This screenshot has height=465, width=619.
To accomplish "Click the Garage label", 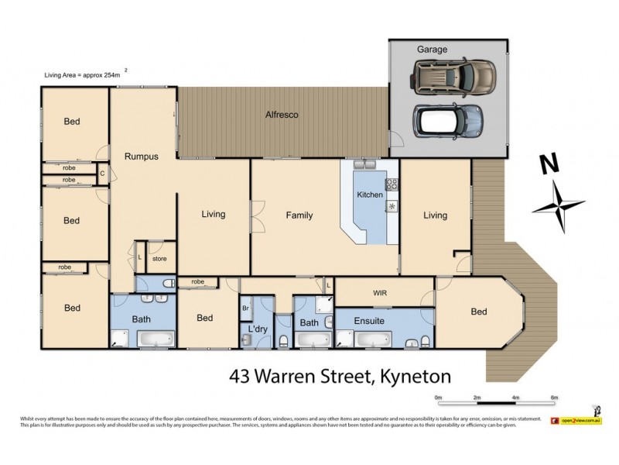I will click(x=433, y=50).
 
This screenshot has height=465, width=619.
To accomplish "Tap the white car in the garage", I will click(x=448, y=119).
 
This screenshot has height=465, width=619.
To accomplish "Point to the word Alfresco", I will click(x=282, y=115).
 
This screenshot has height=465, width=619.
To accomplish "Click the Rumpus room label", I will click(x=142, y=157).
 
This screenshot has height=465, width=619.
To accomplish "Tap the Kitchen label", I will click(x=369, y=195).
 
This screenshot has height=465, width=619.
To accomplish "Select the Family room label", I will click(x=299, y=215).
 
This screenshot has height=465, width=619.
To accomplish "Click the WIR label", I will click(x=380, y=294).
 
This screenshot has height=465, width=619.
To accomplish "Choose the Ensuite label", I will click(x=369, y=319).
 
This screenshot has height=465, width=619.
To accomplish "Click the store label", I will click(x=159, y=259).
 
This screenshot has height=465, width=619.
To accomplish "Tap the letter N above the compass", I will click(x=549, y=164).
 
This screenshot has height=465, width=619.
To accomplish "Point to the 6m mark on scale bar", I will click(x=554, y=398).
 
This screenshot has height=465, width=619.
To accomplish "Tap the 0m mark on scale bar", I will click(x=439, y=398).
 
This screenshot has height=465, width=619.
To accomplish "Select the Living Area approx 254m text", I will click(x=82, y=74).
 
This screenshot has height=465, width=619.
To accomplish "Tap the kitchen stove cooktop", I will click(x=392, y=184).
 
